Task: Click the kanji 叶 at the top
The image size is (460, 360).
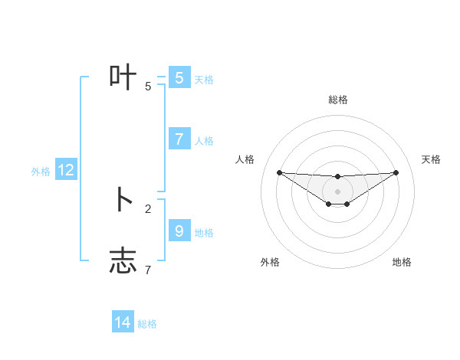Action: pos(123,77)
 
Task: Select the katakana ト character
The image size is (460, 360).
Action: pos(123,200)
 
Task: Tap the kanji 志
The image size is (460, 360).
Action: pos(123,261)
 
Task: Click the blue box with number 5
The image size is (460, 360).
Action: pos(179,77)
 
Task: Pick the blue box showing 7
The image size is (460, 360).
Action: pos(179,139)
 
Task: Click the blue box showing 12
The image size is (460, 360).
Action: pos(66,171)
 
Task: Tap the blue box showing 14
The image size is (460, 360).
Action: pos(123,322)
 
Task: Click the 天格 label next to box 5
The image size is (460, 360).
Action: pos(204,79)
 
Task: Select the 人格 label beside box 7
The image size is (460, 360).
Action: pos(204,140)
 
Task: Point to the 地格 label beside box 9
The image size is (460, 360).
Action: pos(204,232)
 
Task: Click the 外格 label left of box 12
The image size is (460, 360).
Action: pos(41,172)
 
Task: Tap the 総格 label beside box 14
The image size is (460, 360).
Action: pos(147,324)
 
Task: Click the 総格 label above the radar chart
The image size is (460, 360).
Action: pos(337,100)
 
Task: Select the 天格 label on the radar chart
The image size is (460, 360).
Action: pos(431,159)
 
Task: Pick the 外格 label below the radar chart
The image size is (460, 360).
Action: pos(270,262)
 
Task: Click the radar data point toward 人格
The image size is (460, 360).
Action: pos(280,172)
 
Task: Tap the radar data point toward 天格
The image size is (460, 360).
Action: pos(396,172)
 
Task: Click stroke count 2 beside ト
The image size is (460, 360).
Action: pos(148,208)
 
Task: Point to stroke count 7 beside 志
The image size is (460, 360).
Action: pos(148,270)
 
